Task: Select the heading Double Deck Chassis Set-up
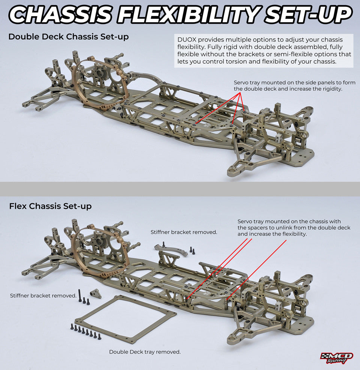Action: point(68,37)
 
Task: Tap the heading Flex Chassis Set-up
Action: point(50,206)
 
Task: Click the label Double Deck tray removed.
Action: point(145,352)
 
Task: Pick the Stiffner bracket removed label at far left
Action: point(43,295)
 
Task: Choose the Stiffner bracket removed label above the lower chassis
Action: point(184,232)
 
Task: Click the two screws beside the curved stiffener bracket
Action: point(192,250)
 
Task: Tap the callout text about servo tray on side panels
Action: point(294,86)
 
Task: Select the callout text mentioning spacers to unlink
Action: point(294,228)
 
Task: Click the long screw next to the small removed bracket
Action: point(80,295)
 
